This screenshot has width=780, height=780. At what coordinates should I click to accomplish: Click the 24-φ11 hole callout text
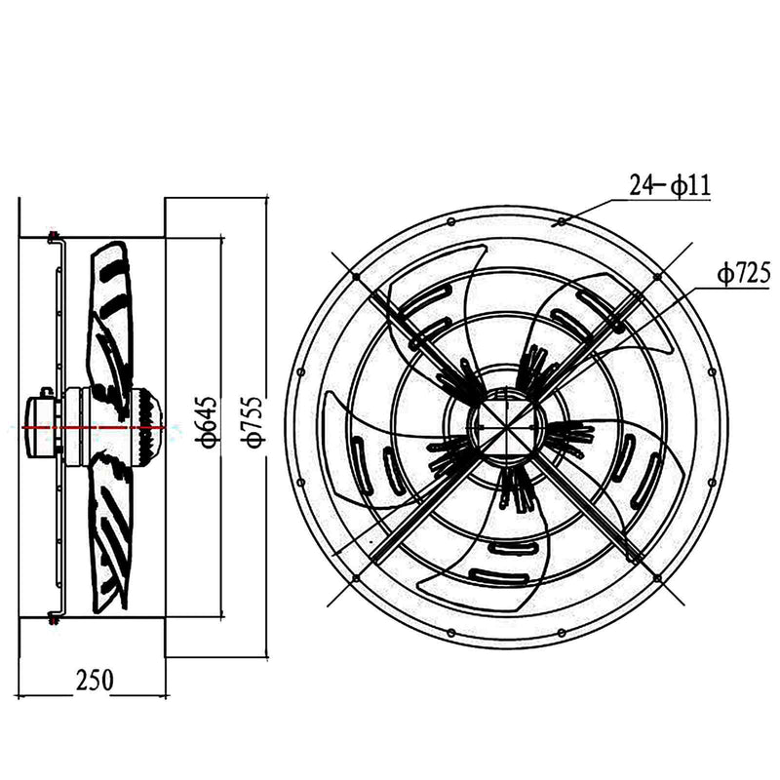669,184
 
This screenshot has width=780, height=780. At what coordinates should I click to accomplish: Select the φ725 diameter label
739,276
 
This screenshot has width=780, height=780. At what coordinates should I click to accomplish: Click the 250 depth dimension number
94,680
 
